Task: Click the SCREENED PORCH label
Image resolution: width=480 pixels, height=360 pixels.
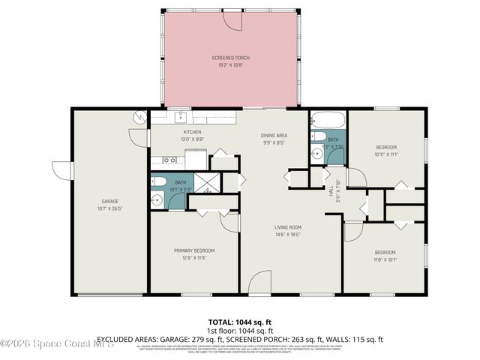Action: pos(230,58)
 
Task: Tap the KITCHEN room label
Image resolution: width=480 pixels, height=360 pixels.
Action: pos(172,132)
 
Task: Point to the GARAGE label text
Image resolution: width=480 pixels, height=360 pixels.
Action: pos(110,201)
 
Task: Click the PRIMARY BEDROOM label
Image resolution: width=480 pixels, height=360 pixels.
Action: pos(194,250)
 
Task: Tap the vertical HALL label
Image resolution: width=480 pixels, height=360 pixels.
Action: pos(330,191)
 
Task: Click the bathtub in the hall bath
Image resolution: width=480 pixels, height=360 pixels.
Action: pos(328,120)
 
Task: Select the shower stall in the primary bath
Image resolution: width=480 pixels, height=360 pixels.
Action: pos(205,184)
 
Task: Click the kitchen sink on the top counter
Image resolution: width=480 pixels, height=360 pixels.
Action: pos(180,117)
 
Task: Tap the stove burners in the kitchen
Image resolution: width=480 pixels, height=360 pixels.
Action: pos(169,160)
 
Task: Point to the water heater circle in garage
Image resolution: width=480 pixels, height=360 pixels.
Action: pos(139,118)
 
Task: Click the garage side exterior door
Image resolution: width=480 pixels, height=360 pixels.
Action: pos(60,170)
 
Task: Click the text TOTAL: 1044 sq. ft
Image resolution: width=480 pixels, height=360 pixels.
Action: pos(240,321)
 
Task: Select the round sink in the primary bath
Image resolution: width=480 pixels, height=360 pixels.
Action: pos(157,199)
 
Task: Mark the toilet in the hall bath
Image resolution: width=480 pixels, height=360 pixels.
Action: pos(317,137)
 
